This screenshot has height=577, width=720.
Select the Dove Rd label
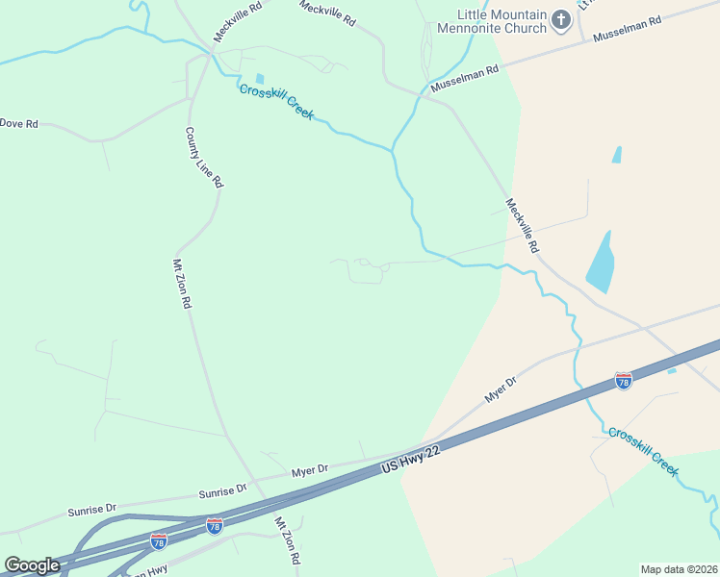pos(19,123)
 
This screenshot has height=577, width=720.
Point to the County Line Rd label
pos(204,157)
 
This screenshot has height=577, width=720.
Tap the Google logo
pos(32,564)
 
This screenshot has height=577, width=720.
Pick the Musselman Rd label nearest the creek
pos(466,78)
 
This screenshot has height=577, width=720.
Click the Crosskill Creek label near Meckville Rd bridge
pos(277,102)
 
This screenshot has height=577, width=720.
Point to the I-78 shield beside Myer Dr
pos(623,382)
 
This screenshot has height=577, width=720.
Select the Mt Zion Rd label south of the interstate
pos(288,540)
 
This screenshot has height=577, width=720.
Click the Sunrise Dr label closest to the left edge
pos(91,509)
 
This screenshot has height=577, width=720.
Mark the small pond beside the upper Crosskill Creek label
pos(259,79)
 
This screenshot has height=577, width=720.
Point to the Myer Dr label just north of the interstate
pos(501,389)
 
